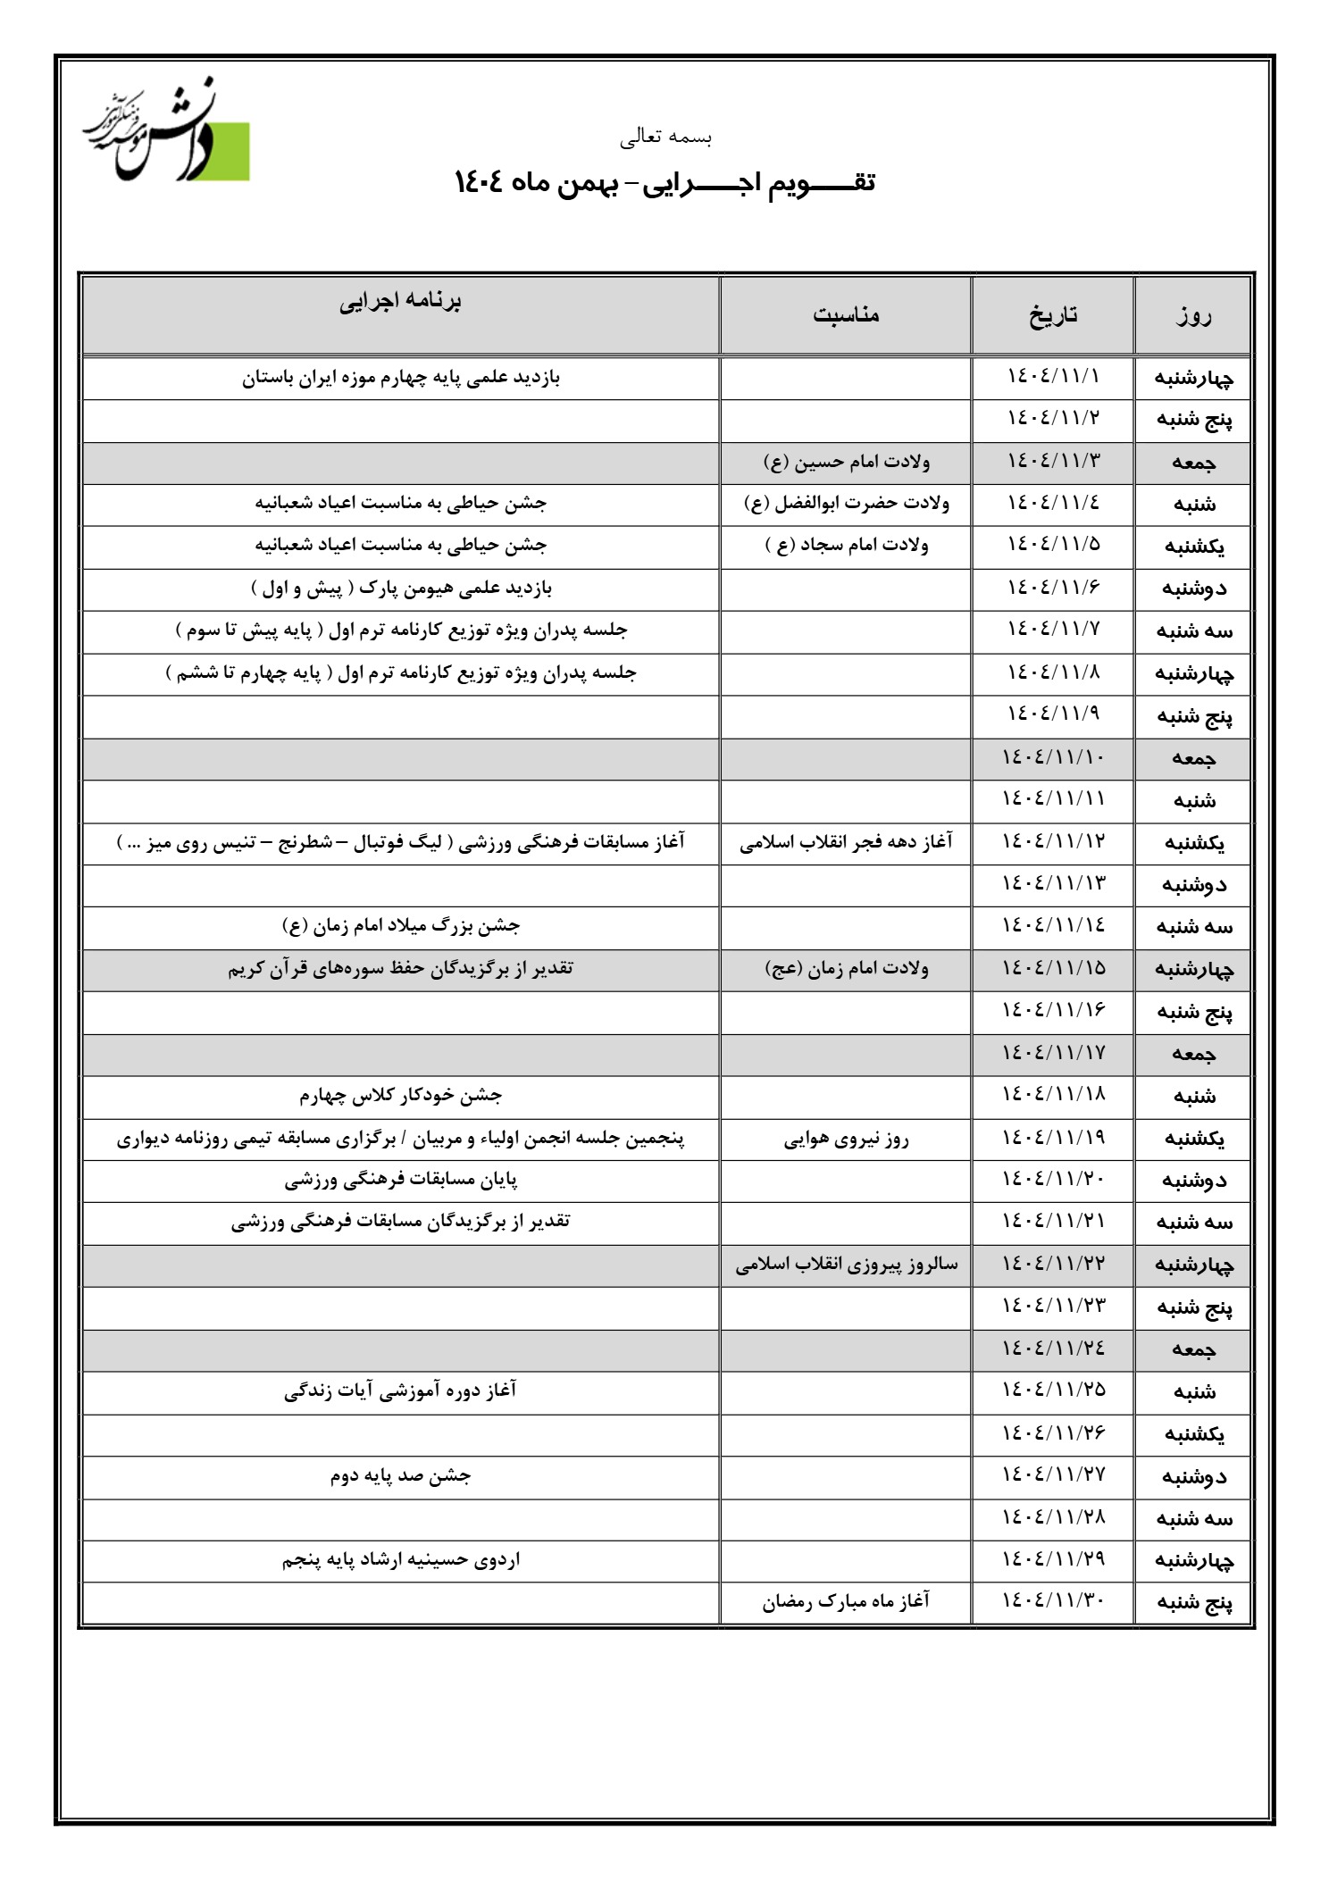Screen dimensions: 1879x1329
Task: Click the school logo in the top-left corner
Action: [168, 134]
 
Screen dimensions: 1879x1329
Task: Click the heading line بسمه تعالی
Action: [665, 138]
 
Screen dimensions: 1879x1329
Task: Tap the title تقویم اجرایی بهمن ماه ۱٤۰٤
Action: [664, 182]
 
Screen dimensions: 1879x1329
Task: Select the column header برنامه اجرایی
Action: [400, 301]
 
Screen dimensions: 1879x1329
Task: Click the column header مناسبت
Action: [846, 314]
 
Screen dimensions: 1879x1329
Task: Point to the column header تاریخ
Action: [1052, 315]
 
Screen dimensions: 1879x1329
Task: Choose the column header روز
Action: [1193, 315]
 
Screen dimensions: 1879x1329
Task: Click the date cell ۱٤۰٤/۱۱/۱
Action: [1053, 377]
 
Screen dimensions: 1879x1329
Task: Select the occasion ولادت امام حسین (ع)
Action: [846, 462]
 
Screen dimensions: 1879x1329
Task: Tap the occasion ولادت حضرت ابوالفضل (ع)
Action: [846, 504]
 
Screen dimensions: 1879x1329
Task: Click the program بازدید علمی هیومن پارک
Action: [401, 589]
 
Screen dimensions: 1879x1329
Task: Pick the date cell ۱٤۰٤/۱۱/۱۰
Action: [1053, 757]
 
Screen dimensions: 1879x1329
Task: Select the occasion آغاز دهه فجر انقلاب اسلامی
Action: [846, 842]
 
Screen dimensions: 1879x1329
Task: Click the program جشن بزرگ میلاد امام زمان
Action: [401, 926]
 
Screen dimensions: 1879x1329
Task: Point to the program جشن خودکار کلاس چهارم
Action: [401, 1095]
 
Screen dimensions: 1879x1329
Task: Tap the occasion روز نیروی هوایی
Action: [846, 1139]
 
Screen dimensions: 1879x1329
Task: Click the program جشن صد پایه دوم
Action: [401, 1476]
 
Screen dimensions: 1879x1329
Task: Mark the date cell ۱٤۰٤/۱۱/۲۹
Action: [1053, 1559]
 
